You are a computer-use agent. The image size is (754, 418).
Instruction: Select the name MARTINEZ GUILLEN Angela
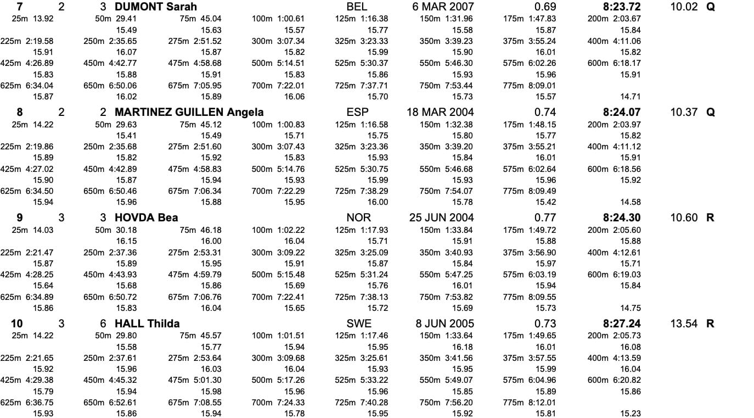click(189, 112)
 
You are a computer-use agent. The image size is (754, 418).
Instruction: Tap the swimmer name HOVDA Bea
click(146, 218)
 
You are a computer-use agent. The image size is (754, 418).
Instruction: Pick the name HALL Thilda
click(147, 324)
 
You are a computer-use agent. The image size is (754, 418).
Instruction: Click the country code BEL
click(357, 7)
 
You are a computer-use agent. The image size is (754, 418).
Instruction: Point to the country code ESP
click(357, 112)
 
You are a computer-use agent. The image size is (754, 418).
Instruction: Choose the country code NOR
click(359, 218)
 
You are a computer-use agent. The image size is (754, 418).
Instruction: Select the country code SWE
click(359, 324)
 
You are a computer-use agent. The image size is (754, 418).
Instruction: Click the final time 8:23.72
click(621, 7)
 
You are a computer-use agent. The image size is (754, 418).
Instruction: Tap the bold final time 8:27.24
click(621, 324)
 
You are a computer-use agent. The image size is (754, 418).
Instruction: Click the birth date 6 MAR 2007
click(443, 7)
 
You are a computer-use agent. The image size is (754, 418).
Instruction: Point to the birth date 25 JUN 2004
click(442, 218)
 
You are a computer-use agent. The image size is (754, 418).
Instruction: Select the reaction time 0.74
click(545, 112)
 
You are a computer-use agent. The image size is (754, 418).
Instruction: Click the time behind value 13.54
click(684, 324)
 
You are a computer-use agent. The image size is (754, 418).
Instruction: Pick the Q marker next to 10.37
click(711, 112)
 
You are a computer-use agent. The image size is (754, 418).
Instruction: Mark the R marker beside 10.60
click(711, 218)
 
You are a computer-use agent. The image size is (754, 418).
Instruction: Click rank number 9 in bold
click(20, 218)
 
